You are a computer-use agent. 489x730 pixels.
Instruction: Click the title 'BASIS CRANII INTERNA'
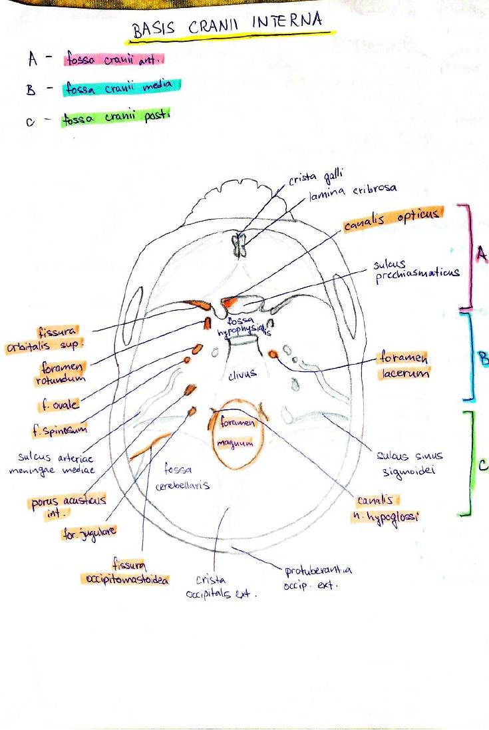[228, 27]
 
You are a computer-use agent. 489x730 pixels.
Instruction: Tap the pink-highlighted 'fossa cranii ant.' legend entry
[114, 59]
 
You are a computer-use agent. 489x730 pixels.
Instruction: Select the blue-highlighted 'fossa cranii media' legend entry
[120, 87]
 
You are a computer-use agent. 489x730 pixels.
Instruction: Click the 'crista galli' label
[315, 177]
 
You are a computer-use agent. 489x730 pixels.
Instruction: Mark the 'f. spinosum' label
[59, 431]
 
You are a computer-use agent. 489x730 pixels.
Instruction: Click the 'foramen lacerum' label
[404, 365]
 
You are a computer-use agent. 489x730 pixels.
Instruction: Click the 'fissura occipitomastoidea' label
[126, 572]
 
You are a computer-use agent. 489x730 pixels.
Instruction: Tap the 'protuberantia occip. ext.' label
[317, 578]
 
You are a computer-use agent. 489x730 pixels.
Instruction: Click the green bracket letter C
[482, 465]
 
